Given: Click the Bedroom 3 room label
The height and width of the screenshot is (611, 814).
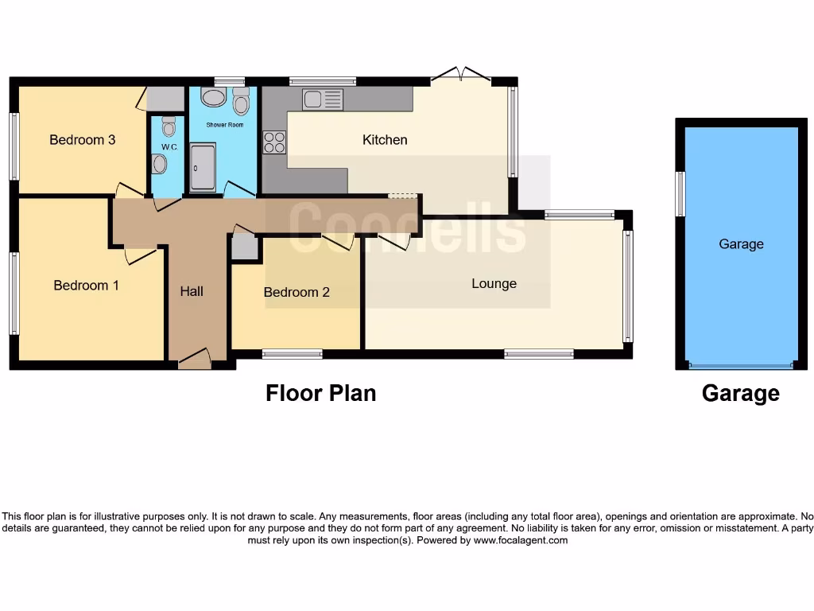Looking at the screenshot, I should pos(82,140).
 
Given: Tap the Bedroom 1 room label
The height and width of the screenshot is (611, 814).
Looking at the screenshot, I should pos(86,285).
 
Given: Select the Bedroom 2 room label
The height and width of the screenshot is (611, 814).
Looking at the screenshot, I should pos(297,292).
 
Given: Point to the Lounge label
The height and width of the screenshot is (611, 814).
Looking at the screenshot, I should pos(494,283).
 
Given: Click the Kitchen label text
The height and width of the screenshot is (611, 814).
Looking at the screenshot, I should pos(385,140).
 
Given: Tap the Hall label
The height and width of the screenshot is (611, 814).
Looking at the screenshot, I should pos(192,291).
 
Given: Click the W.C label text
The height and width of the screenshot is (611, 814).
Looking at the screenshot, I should pos(169,147).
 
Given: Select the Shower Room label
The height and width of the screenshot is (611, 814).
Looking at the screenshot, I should pos(225,125).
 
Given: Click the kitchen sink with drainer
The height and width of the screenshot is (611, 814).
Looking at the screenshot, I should pos(323,99).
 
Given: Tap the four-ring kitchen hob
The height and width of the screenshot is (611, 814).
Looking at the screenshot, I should pos(274,142).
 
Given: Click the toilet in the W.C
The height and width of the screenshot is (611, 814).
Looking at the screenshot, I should pos(169,126).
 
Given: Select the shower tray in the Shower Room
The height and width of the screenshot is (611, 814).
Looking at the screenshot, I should pos(203,167).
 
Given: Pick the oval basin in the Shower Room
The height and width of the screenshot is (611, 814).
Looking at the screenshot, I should pos(213,98).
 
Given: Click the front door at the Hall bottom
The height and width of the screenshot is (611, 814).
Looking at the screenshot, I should pos(195,360).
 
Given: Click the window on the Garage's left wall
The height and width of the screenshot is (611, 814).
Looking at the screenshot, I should pos(680,193).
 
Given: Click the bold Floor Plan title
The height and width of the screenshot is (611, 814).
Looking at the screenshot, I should pos(320,392).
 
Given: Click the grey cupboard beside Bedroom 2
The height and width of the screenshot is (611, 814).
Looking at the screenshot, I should pos(244,247).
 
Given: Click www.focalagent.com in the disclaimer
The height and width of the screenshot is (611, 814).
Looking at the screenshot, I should pos(521,540).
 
